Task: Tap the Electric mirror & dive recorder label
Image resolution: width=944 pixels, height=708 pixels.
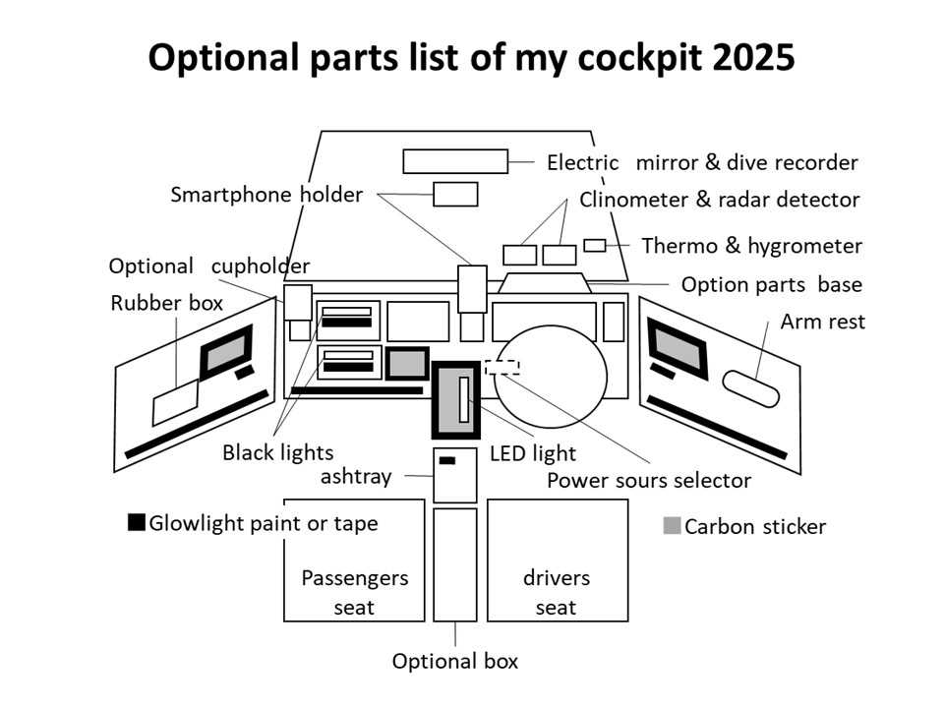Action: [x=702, y=162]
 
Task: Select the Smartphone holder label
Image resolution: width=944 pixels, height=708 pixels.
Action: [x=265, y=194]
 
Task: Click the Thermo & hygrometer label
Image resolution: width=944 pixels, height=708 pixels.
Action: [x=751, y=246]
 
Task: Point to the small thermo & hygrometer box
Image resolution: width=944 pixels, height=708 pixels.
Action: [x=595, y=245]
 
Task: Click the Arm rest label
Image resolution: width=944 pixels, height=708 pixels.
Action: [x=822, y=322]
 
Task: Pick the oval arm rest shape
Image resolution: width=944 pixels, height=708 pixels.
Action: [x=752, y=388]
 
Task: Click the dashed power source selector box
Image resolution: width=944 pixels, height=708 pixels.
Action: [x=501, y=367]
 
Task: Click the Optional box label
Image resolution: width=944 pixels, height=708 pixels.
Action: [x=454, y=661]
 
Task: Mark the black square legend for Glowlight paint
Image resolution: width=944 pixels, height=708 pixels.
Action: [x=137, y=522]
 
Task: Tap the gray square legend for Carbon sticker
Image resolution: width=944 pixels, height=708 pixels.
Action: [x=672, y=526]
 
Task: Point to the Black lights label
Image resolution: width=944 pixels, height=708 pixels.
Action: [x=277, y=452]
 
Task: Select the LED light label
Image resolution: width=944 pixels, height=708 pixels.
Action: [x=532, y=454]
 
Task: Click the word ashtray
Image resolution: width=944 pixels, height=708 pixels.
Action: [x=356, y=477]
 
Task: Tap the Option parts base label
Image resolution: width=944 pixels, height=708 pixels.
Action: [x=771, y=284]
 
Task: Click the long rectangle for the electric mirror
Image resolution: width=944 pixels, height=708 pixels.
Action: [x=454, y=161]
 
